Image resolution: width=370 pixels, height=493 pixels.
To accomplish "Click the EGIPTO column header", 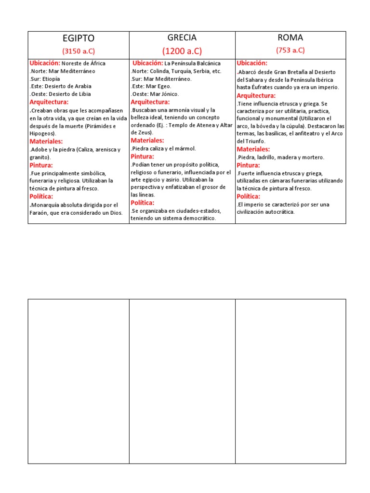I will point(79,39).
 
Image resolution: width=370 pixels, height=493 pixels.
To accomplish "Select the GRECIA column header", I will point(182,38).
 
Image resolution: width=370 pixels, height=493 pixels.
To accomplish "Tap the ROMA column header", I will point(290,38).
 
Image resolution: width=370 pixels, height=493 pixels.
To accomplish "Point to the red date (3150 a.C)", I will point(79,51).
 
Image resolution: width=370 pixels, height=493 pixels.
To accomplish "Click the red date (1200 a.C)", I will point(182,51).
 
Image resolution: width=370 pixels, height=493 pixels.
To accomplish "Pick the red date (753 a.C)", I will point(290,50).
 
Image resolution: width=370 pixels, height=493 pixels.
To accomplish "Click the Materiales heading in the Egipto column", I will point(46,142).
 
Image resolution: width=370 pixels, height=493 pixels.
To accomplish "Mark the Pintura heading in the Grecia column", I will point(143,156).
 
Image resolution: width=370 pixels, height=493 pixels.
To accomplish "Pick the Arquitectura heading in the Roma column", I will point(256,95).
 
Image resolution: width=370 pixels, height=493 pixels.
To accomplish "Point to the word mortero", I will point(314,157).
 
